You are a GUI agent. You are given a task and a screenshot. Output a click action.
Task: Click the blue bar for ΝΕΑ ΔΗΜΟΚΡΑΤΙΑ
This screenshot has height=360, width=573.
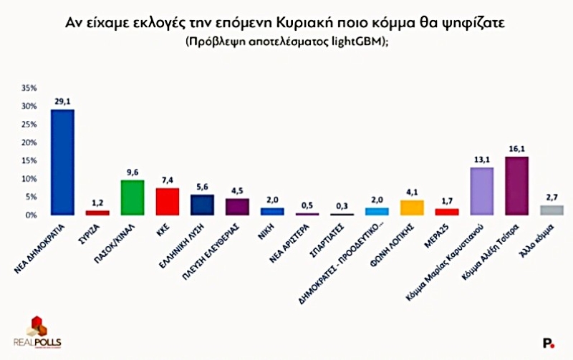pyautogui.click(x=62, y=162)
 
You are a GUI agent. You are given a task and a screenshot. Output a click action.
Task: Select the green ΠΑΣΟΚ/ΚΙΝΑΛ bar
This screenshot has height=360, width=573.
pyautogui.click(x=133, y=198)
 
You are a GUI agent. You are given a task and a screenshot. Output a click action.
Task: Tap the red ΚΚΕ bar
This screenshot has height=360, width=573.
pyautogui.click(x=168, y=202)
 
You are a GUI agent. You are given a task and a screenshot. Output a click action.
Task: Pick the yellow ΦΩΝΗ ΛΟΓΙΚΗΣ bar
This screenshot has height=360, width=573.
pyautogui.click(x=412, y=208)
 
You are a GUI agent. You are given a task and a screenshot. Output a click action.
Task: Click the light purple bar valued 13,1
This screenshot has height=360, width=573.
pyautogui.click(x=481, y=191)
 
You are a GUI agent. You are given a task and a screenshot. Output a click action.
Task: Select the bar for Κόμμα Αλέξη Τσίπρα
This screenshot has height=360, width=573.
pyautogui.click(x=516, y=186)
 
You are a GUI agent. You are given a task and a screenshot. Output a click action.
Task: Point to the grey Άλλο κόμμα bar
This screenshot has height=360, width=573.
pyautogui.click(x=552, y=210)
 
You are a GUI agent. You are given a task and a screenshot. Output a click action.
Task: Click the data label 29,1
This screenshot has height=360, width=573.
pyautogui.click(x=62, y=102)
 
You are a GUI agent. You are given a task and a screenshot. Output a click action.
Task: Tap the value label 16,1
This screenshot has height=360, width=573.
pyautogui.click(x=516, y=149)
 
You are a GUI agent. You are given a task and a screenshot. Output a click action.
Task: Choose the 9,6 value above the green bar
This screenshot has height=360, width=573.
pyautogui.click(x=133, y=172)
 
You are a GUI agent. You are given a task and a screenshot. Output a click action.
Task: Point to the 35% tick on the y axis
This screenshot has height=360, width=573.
pyautogui.click(x=29, y=88)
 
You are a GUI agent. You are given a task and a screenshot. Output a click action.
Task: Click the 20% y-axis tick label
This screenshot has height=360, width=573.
pyautogui.click(x=29, y=142)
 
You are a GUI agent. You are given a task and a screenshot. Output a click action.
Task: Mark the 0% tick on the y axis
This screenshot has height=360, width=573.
pyautogui.click(x=32, y=215)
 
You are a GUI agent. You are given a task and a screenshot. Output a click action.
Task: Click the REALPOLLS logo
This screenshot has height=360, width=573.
pyautogui.click(x=37, y=331)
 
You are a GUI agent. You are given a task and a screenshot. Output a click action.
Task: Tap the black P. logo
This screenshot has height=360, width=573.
pyautogui.click(x=549, y=344)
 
